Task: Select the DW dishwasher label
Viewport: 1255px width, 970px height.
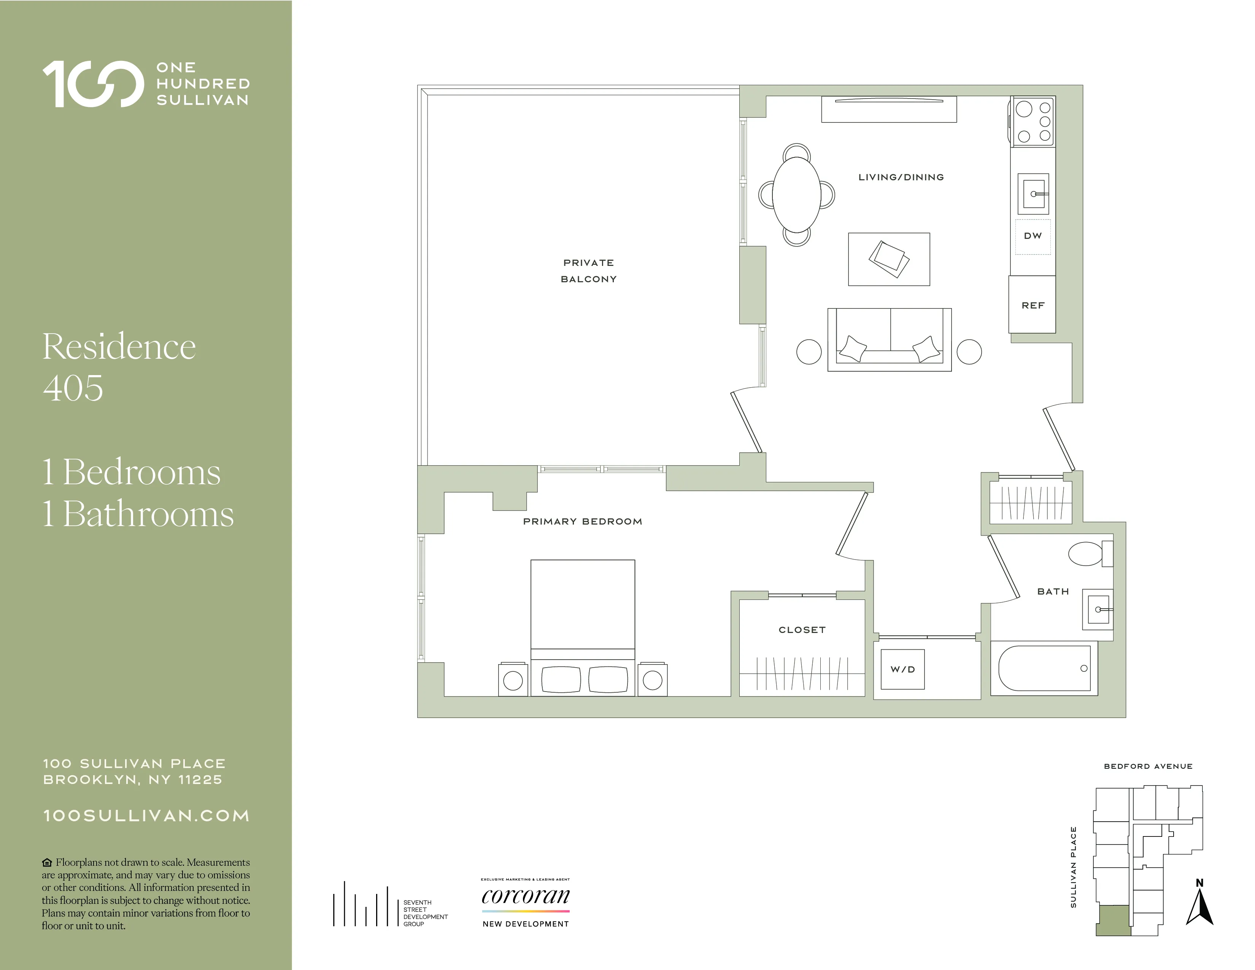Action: tap(1033, 235)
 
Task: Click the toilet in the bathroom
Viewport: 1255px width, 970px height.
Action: tap(1088, 554)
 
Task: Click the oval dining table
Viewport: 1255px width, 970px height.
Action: tap(796, 194)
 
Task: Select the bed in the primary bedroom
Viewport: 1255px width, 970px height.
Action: tap(583, 627)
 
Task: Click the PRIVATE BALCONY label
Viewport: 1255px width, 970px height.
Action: tap(588, 271)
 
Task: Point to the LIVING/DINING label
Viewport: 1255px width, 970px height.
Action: tap(901, 177)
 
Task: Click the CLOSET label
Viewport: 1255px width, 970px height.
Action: tap(802, 630)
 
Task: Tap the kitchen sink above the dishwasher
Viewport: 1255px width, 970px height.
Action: tap(1033, 194)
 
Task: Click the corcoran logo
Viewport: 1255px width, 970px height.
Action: tap(525, 897)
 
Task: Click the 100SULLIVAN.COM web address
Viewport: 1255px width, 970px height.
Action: tap(146, 816)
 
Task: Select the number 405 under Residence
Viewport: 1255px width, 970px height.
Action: tap(73, 388)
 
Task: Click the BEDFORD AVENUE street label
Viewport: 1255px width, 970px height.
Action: tap(1148, 766)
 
